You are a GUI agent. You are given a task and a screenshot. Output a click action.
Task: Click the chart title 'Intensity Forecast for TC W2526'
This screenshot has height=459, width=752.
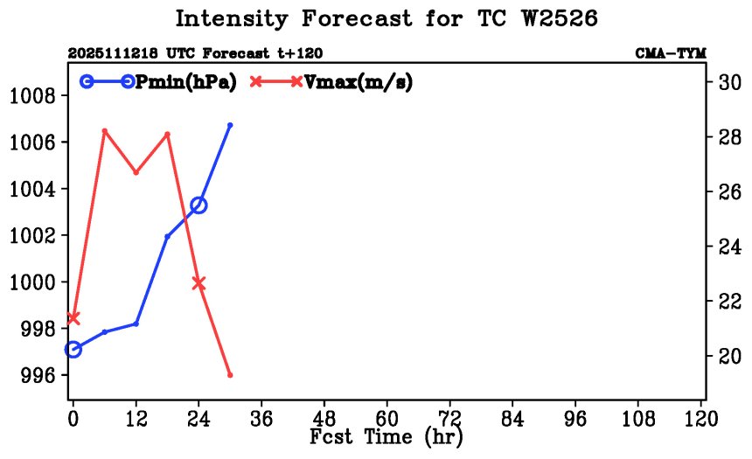coord(386,19)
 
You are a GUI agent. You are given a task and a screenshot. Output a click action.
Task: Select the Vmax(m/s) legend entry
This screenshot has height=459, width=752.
coord(358,81)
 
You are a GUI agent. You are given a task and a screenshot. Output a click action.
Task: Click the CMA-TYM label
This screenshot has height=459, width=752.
coord(671,53)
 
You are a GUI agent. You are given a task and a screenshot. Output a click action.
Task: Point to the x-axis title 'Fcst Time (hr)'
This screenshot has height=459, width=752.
coord(386,436)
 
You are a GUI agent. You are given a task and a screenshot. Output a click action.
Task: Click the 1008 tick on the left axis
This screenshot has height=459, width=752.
coord(35,95)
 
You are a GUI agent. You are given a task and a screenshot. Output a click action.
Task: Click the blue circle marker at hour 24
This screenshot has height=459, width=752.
coord(198,205)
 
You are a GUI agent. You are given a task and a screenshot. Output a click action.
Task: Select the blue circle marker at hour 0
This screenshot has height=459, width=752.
coord(73,350)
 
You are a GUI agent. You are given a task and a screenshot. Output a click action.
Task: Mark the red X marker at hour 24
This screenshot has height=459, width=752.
coord(198,283)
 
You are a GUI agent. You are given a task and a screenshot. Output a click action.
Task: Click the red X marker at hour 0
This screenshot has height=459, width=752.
coord(73,318)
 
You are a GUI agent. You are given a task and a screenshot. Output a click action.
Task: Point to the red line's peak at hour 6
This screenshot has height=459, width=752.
coord(104,131)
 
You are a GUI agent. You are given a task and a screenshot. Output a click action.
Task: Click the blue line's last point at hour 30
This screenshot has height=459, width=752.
coord(230,125)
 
